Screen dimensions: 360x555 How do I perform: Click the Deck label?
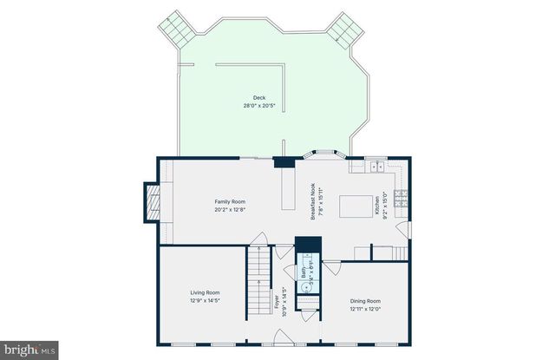pyautogui.click(x=258, y=98)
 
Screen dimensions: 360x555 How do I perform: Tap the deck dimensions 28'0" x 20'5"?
pyautogui.click(x=258, y=106)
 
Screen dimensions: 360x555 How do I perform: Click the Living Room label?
pyautogui.click(x=205, y=292)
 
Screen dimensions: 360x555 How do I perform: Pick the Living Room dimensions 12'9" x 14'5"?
pyautogui.click(x=205, y=300)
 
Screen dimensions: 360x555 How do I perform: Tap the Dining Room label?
pyautogui.click(x=365, y=300)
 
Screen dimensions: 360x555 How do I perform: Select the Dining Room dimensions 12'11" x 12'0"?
pyautogui.click(x=365, y=308)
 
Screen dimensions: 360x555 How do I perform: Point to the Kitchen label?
pyautogui.click(x=377, y=206)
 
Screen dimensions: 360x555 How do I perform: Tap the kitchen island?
pyautogui.click(x=353, y=206)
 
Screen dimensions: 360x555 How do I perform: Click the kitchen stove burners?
pyautogui.click(x=402, y=198)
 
